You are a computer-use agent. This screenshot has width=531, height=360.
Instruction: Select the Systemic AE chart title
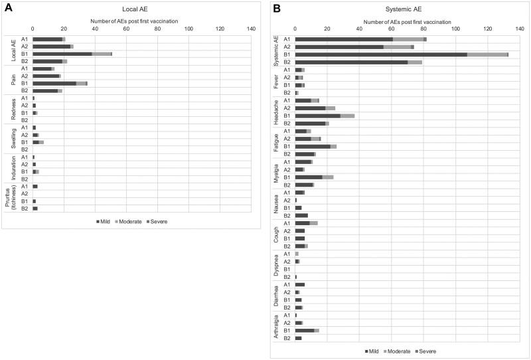(x=402, y=9)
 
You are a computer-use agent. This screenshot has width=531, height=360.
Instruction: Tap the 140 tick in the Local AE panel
(x=251, y=29)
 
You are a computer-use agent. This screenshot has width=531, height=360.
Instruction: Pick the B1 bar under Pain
(x=60, y=83)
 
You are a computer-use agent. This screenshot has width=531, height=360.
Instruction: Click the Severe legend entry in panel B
(x=425, y=350)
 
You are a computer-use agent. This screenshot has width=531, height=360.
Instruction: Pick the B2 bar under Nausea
(x=301, y=215)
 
